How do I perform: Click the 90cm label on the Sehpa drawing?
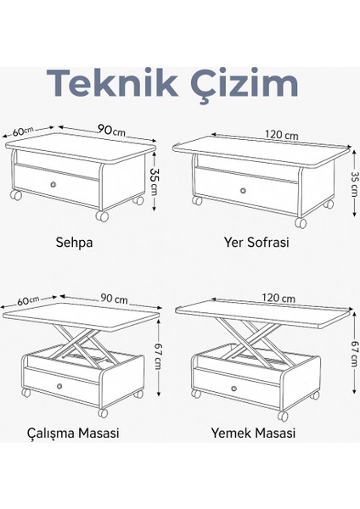pos(111,129)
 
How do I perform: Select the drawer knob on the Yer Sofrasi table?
pos(243,187)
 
